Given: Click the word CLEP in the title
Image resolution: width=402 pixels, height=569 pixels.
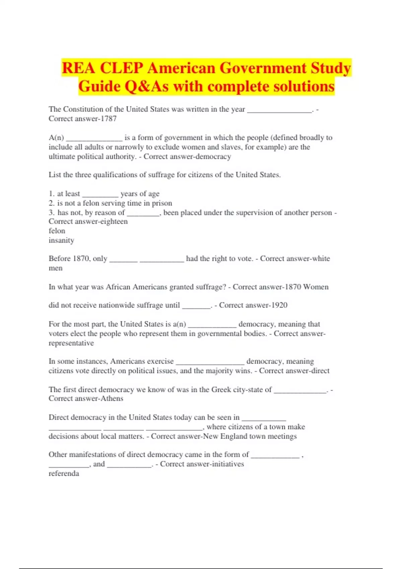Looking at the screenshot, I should (122, 68).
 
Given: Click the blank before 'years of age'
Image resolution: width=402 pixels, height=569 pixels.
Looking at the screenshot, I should (100, 194).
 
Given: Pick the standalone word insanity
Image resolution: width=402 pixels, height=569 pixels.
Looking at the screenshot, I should (61, 240).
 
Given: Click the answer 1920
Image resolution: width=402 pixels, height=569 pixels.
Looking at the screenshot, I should (279, 305).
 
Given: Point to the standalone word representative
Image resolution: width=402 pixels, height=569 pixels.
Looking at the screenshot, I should (71, 343).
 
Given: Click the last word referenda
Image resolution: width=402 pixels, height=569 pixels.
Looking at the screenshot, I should (64, 473).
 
